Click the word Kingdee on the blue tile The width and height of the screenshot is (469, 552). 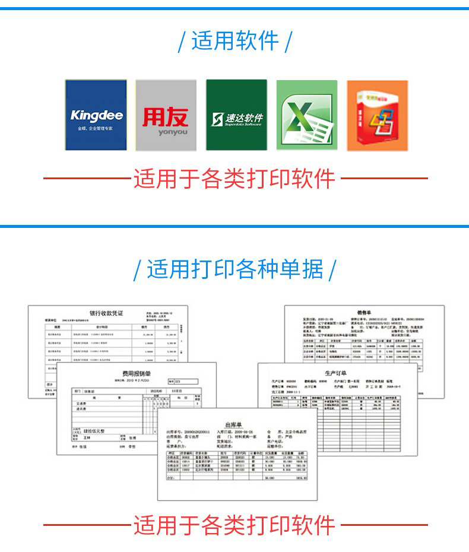click(96, 115)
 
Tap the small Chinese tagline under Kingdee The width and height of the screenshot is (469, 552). click(96, 128)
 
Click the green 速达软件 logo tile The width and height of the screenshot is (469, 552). click(236, 116)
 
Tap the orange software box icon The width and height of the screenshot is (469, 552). click(377, 116)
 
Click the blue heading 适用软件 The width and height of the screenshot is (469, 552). click(235, 41)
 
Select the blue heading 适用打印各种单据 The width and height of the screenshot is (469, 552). click(235, 269)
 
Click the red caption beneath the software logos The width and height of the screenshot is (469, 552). click(235, 179)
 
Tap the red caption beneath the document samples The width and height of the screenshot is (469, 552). click(235, 525)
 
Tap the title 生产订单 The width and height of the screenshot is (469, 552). click(336, 370)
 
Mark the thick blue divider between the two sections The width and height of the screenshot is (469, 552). click(235, 226)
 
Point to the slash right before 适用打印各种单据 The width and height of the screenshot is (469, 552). click(137, 271)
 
